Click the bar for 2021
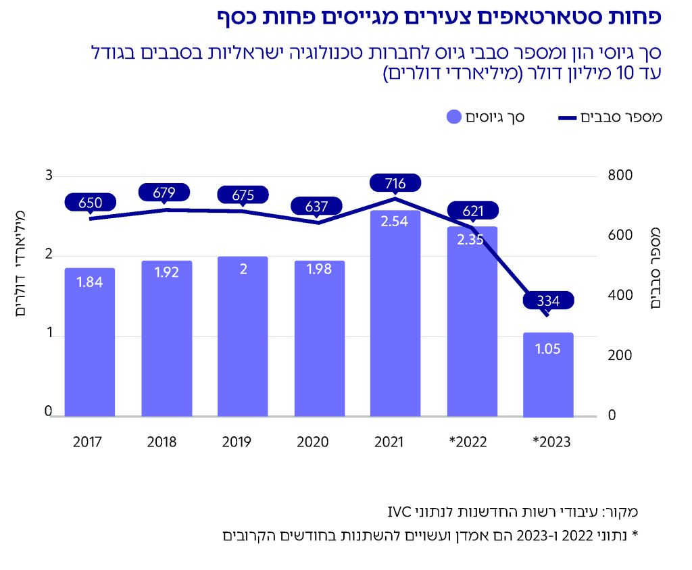[x=395, y=317]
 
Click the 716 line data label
[x=395, y=183]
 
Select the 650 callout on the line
[x=90, y=202]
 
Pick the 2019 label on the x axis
[x=236, y=442]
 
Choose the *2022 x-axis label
[x=468, y=442]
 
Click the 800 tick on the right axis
[x=620, y=176]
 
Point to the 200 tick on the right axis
[x=620, y=356]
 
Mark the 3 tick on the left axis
[x=49, y=176]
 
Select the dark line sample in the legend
[x=576, y=119]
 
